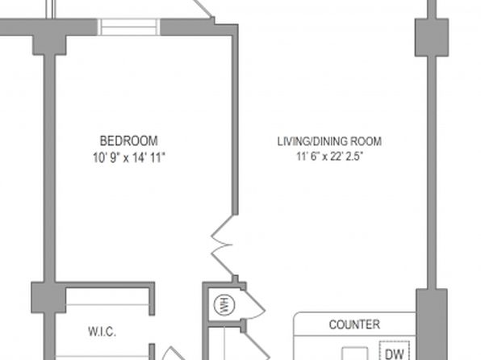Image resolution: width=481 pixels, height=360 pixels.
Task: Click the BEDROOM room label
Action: (x=129, y=141)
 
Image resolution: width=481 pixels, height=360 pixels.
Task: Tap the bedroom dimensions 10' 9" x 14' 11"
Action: (x=129, y=157)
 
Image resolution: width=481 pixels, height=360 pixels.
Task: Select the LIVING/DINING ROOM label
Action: (x=329, y=141)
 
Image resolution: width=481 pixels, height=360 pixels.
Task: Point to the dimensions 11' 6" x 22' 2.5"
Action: (x=329, y=157)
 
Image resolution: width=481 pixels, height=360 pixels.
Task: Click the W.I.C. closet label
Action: (x=102, y=332)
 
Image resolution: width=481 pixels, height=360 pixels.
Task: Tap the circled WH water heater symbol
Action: (x=224, y=305)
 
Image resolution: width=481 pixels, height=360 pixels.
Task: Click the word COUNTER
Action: (x=354, y=324)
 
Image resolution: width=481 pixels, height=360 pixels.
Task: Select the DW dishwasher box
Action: (x=394, y=351)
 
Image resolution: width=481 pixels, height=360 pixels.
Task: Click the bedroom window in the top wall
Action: (x=129, y=27)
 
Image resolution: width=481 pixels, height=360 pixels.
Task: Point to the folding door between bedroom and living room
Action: (x=223, y=245)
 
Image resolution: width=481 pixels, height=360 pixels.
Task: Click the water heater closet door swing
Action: (x=253, y=303)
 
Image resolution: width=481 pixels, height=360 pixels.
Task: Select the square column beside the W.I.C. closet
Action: (x=48, y=297)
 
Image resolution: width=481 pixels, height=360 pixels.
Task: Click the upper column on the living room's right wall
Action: (x=432, y=37)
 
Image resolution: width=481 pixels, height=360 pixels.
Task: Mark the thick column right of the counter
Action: (x=431, y=324)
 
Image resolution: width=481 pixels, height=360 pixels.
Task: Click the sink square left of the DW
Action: (x=355, y=354)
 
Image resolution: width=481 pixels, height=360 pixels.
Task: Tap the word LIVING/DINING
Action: (x=312, y=141)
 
